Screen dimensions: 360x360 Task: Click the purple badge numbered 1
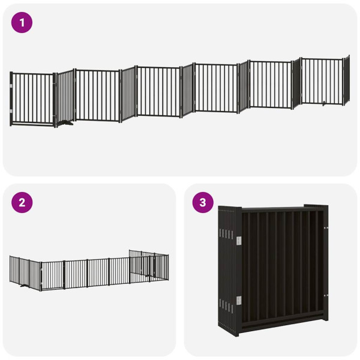coord(22,23)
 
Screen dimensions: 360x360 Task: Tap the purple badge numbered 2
coord(22,202)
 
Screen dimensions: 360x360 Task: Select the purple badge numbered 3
coord(203,202)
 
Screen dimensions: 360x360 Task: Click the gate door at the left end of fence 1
coord(32,98)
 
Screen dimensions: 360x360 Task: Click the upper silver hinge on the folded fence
coord(238,240)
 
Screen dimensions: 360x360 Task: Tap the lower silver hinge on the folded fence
coord(238,300)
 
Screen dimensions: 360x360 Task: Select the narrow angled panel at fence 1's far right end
coord(346,79)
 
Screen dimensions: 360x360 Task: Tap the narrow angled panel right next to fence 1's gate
coord(65,96)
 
